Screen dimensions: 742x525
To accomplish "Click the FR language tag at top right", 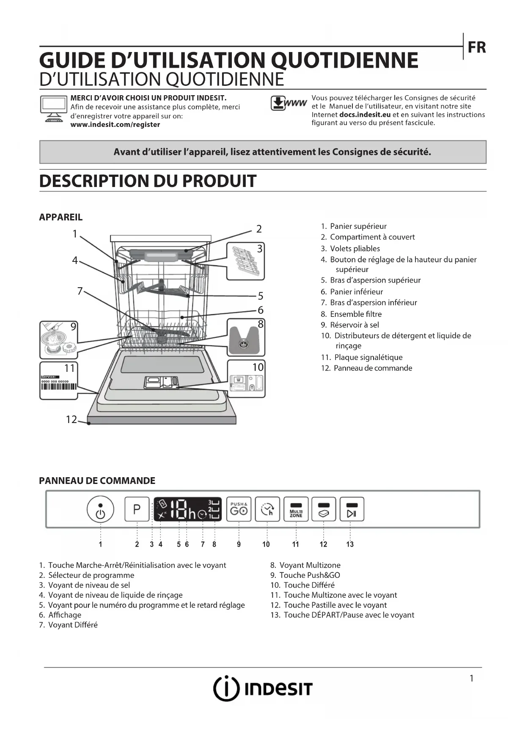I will coord(477,47).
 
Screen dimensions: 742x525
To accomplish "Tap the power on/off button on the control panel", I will coord(100,509).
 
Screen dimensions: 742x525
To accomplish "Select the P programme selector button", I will coord(137,509).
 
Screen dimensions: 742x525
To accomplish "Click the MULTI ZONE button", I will coord(296,509).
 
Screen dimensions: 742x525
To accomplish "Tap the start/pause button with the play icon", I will coord(352,509).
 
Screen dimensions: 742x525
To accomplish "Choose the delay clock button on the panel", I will coord(267,509).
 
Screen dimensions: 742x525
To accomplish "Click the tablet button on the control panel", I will coord(324,509).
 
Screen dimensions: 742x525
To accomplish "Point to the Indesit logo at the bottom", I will coord(262,688).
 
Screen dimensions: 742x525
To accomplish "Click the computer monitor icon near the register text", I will coord(54,109).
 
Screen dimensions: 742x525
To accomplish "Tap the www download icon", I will coord(289,104).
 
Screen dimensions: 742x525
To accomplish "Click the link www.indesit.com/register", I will coord(115,125).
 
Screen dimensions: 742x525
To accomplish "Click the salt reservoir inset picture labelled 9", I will coord(59,340).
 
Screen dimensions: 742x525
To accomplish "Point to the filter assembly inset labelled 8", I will coord(246,338).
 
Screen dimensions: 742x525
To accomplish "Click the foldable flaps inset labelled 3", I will coord(245,261).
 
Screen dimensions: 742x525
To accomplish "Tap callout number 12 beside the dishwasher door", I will coord(71,420).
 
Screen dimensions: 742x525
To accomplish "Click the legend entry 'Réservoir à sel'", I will coord(354,325).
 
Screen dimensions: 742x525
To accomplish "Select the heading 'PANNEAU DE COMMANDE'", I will coord(97,481).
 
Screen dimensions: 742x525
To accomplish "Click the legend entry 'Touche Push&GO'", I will coord(309,575).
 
